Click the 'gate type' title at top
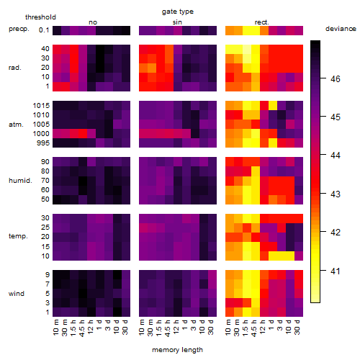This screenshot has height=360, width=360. pos(178,12)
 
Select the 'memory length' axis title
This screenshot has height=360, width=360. pos(177,350)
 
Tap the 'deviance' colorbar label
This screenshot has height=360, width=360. pos(341,29)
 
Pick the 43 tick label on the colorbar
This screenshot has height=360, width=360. pos(336,194)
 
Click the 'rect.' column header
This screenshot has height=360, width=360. pos(262,22)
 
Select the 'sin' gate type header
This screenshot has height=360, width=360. pos(177,22)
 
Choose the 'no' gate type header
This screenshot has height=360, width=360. pos(93,22)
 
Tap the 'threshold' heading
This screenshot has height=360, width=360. pos(40,17)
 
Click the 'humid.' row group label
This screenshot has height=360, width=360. pos(20,181)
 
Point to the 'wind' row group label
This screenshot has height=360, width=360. pos(17,294)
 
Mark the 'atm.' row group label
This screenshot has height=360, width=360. pos(16,125)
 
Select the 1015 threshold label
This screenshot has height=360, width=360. pos(41,106)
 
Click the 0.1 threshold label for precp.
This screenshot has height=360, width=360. pos(44,30)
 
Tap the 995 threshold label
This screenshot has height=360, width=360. pos(43,143)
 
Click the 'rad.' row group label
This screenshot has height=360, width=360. pos(15,68)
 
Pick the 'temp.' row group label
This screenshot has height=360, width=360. pos(18,236)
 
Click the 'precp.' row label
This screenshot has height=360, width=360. pos(19,29)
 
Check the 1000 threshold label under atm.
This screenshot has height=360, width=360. pos(41,134)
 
